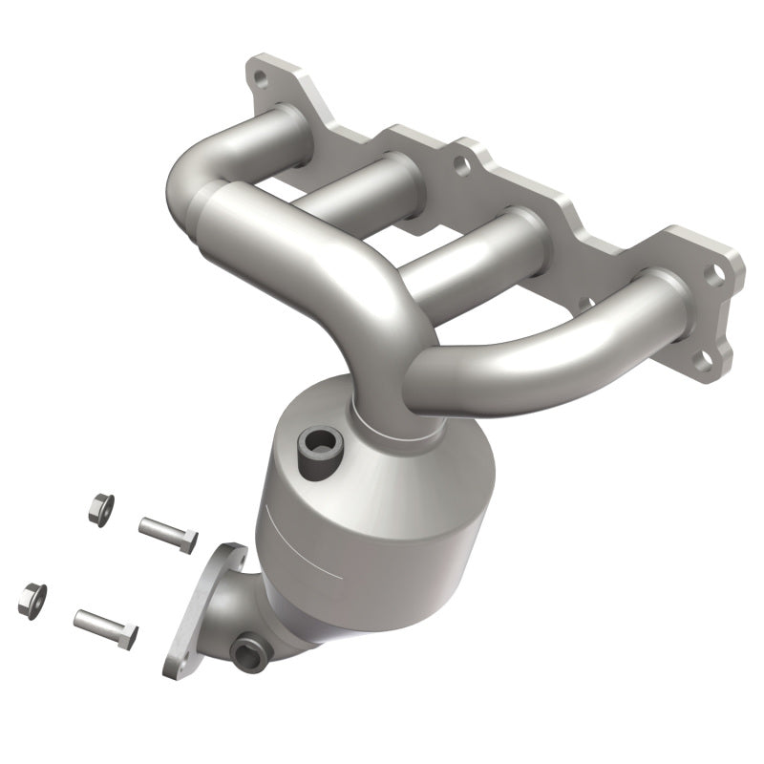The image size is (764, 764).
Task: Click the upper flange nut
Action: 97,508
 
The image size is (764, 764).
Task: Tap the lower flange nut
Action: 32,597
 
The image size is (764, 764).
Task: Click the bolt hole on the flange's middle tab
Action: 460,167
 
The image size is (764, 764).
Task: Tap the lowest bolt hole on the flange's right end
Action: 702,361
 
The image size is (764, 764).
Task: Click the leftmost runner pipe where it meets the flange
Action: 277,129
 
